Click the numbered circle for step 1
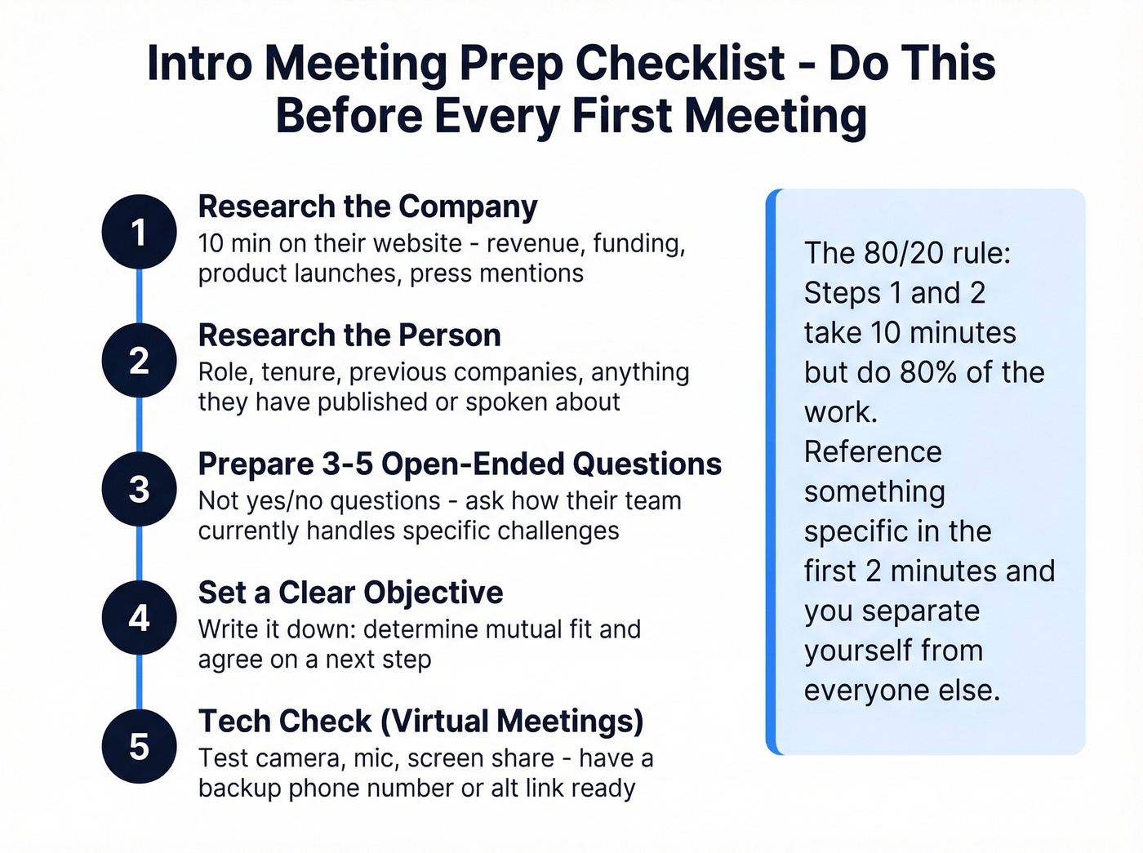[x=139, y=232]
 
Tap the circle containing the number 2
[x=139, y=361]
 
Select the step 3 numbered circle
[x=139, y=489]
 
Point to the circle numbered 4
[x=139, y=618]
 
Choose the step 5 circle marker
[x=139, y=746]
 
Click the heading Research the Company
[x=367, y=207]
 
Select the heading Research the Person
[x=349, y=335]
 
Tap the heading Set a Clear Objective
[x=350, y=593]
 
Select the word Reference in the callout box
[x=873, y=452]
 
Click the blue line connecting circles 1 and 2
[x=139, y=296]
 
